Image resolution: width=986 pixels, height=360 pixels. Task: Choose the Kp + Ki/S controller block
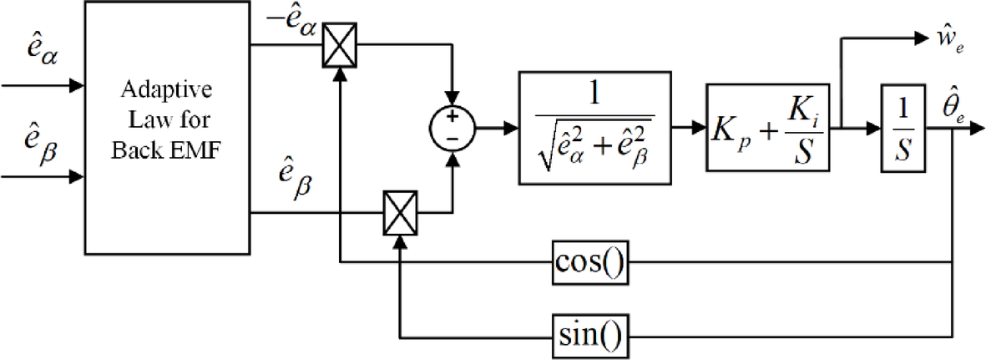click(768, 129)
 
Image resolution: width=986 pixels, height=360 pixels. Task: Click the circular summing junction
click(452, 129)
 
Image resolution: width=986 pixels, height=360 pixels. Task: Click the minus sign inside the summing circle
click(452, 138)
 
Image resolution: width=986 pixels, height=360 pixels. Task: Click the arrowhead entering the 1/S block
click(876, 129)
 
